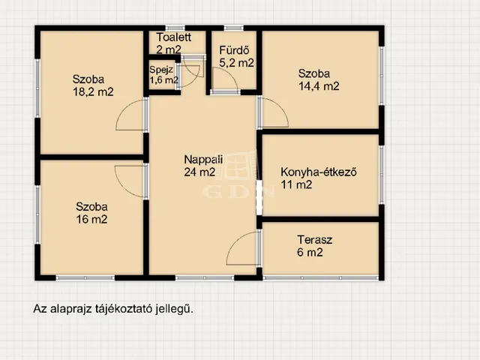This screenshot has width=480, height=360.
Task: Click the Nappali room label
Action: pyautogui.click(x=203, y=160)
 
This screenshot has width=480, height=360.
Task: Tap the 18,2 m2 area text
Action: pyautogui.click(x=93, y=91)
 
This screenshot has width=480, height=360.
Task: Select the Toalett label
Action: pyautogui.click(x=173, y=37)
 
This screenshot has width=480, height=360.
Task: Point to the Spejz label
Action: pyautogui.click(x=161, y=70)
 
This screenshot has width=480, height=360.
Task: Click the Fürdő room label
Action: pyautogui.click(x=234, y=50)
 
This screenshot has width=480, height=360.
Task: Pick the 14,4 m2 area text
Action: pyautogui.click(x=319, y=86)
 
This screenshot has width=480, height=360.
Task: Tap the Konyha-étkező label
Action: pyautogui.click(x=319, y=172)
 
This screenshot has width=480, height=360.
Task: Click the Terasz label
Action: pyautogui.click(x=315, y=240)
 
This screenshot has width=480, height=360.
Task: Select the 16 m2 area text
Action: pyautogui.click(x=91, y=220)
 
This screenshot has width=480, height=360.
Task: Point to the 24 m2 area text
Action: pyautogui.click(x=199, y=172)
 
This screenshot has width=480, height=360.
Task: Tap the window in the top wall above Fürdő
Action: pyautogui.click(x=233, y=28)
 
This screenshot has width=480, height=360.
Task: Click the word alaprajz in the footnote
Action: pyautogui.click(x=70, y=309)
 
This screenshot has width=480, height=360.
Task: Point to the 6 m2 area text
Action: pyautogui.click(x=310, y=253)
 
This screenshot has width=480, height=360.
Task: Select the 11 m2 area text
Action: pyautogui.click(x=296, y=185)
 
